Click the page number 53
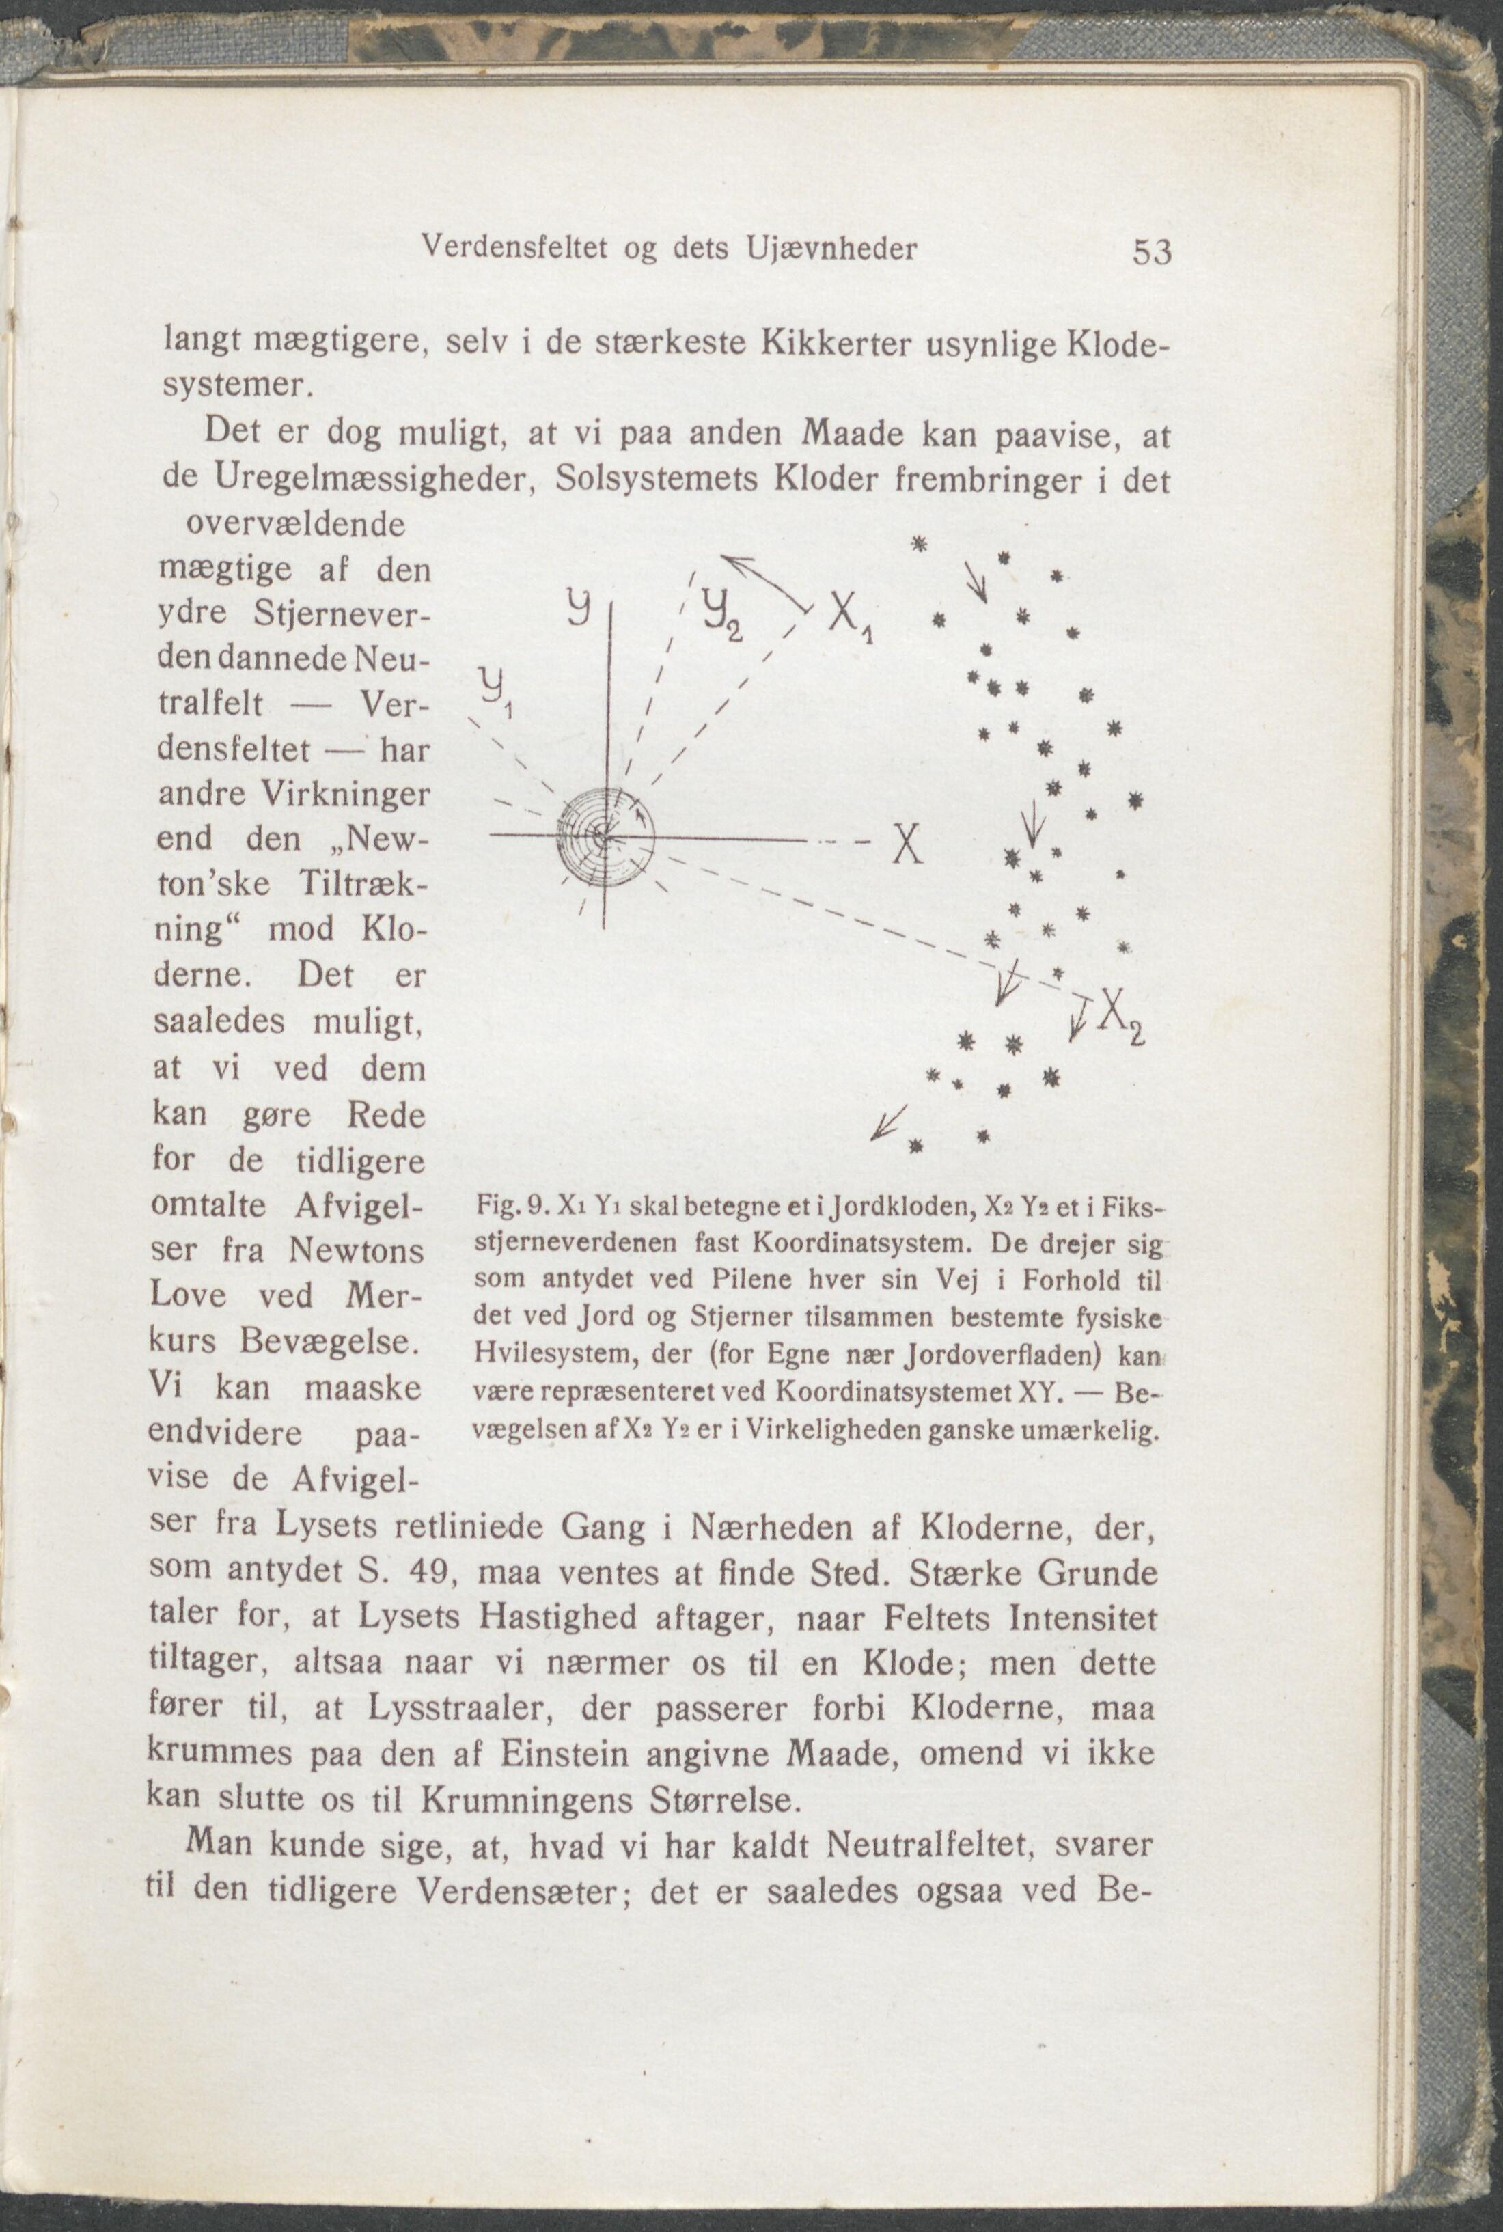point(1152,252)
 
